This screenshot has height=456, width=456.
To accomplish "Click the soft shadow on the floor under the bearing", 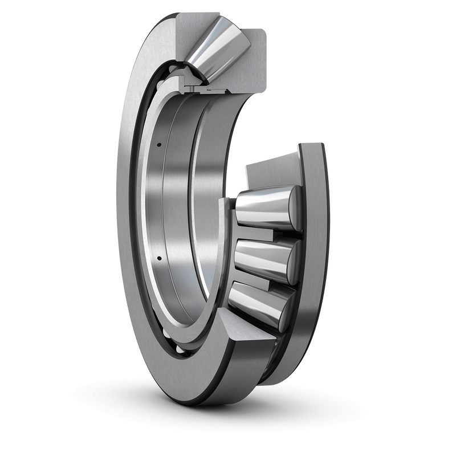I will coord(228,408).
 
